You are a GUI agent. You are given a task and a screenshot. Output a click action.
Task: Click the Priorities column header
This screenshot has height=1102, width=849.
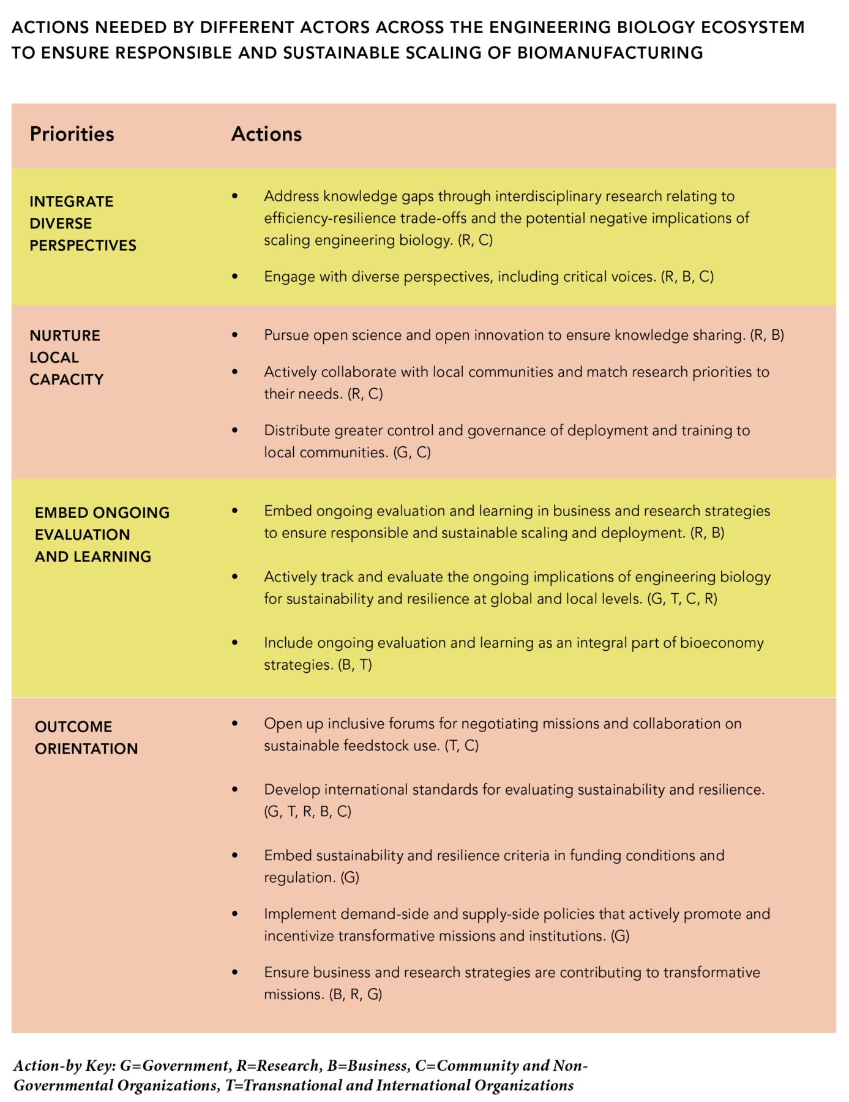(x=72, y=134)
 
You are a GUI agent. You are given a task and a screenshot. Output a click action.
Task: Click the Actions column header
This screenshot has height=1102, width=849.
(x=266, y=134)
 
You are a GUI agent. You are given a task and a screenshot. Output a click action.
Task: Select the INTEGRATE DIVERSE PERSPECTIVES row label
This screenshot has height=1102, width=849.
(x=83, y=223)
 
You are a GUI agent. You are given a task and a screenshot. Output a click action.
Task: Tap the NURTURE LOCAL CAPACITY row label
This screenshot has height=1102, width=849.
(x=66, y=358)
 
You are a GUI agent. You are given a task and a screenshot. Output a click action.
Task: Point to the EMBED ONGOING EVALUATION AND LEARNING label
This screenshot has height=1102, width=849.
(x=102, y=534)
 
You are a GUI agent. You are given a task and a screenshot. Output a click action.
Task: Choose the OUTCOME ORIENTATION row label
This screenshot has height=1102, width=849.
(x=86, y=738)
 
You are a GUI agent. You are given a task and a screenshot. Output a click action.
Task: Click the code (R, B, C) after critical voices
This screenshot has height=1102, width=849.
(x=687, y=277)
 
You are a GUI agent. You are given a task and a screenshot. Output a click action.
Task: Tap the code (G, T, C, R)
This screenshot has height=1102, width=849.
(x=682, y=599)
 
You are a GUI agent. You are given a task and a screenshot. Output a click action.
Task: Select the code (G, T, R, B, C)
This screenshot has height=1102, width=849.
(x=307, y=812)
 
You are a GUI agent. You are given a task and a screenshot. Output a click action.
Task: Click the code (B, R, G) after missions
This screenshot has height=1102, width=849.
(x=355, y=994)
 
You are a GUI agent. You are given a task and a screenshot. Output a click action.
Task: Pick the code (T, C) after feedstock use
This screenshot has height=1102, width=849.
(x=462, y=746)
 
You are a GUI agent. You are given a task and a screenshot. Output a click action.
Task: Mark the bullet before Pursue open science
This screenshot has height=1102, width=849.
(x=234, y=335)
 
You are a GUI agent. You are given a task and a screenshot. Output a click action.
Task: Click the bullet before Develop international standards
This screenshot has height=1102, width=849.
(x=234, y=790)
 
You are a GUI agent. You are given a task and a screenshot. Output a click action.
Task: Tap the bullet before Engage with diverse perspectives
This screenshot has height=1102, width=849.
(x=234, y=277)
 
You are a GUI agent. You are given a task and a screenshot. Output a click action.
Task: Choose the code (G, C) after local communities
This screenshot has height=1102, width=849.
(x=412, y=452)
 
